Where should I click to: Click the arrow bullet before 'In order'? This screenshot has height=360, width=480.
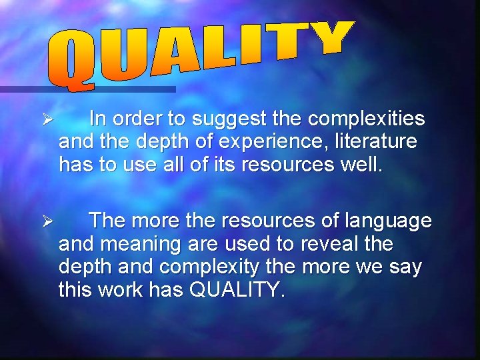coord(46,120)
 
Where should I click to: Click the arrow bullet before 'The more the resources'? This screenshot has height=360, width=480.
coord(46,221)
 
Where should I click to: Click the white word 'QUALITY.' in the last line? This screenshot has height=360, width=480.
coord(237,289)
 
